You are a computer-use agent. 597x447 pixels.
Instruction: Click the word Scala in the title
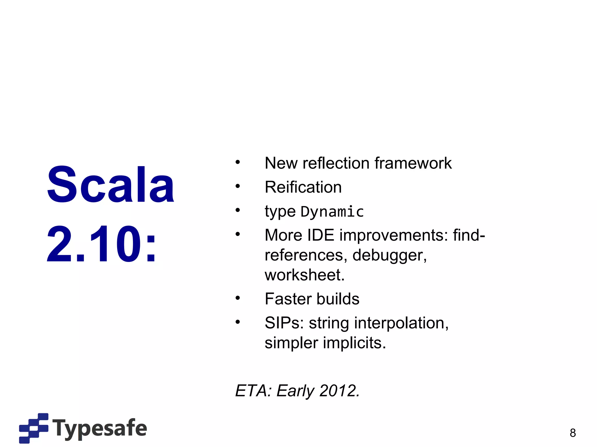[x=110, y=185]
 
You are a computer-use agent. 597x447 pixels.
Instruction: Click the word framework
[x=413, y=163]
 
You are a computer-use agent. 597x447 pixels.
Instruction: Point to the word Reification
[x=303, y=187]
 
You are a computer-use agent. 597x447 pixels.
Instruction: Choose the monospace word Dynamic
[x=332, y=212]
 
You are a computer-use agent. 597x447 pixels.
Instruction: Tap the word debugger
[x=389, y=255]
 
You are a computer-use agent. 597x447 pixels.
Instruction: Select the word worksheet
[x=305, y=275]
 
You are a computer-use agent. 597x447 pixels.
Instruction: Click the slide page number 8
[x=573, y=433]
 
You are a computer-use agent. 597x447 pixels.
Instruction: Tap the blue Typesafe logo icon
[x=34, y=428]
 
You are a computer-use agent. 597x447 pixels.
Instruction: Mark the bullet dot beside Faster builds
[x=238, y=298]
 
